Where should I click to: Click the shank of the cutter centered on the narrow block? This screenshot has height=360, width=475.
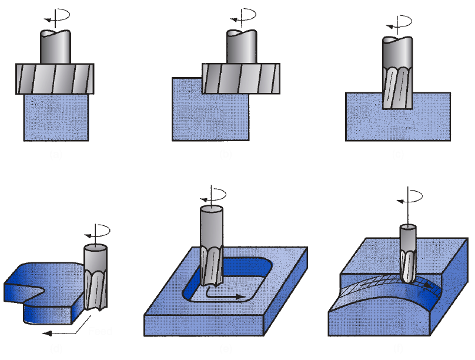click(x=55, y=46)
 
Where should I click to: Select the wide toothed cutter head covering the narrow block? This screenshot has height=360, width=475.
click(x=55, y=79)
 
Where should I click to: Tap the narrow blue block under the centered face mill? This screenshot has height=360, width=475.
click(x=56, y=117)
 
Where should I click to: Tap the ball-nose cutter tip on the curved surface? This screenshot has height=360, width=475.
click(x=408, y=268)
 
